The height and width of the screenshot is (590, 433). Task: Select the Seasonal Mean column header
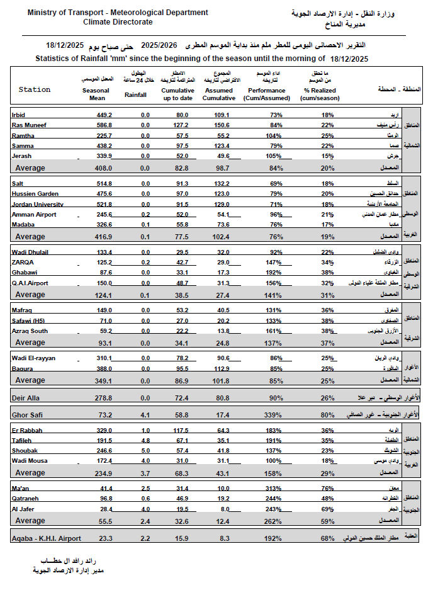[x=96, y=94]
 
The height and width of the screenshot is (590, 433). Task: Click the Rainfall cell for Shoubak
[x=145, y=451]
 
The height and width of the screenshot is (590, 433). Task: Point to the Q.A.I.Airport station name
[x=30, y=283]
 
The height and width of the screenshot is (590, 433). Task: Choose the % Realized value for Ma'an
[x=327, y=488]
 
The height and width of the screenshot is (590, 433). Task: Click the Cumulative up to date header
[x=181, y=94]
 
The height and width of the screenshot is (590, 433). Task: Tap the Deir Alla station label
[x=26, y=398]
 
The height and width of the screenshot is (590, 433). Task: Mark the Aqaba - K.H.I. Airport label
[x=47, y=539]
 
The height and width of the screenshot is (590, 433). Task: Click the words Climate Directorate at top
[x=118, y=22]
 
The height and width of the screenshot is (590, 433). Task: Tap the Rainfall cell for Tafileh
[x=145, y=441]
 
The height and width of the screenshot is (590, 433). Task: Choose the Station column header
[x=35, y=89]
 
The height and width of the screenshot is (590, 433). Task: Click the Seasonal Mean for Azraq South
[x=104, y=331]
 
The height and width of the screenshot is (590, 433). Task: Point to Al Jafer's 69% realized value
[x=327, y=509]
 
